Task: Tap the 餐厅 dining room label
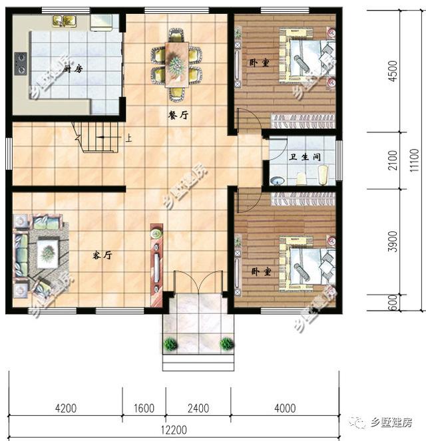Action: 178,114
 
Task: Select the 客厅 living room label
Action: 102,255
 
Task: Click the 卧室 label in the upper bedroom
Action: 258,63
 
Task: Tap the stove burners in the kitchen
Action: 20,63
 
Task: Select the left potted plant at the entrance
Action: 171,344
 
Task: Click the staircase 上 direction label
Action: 128,140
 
